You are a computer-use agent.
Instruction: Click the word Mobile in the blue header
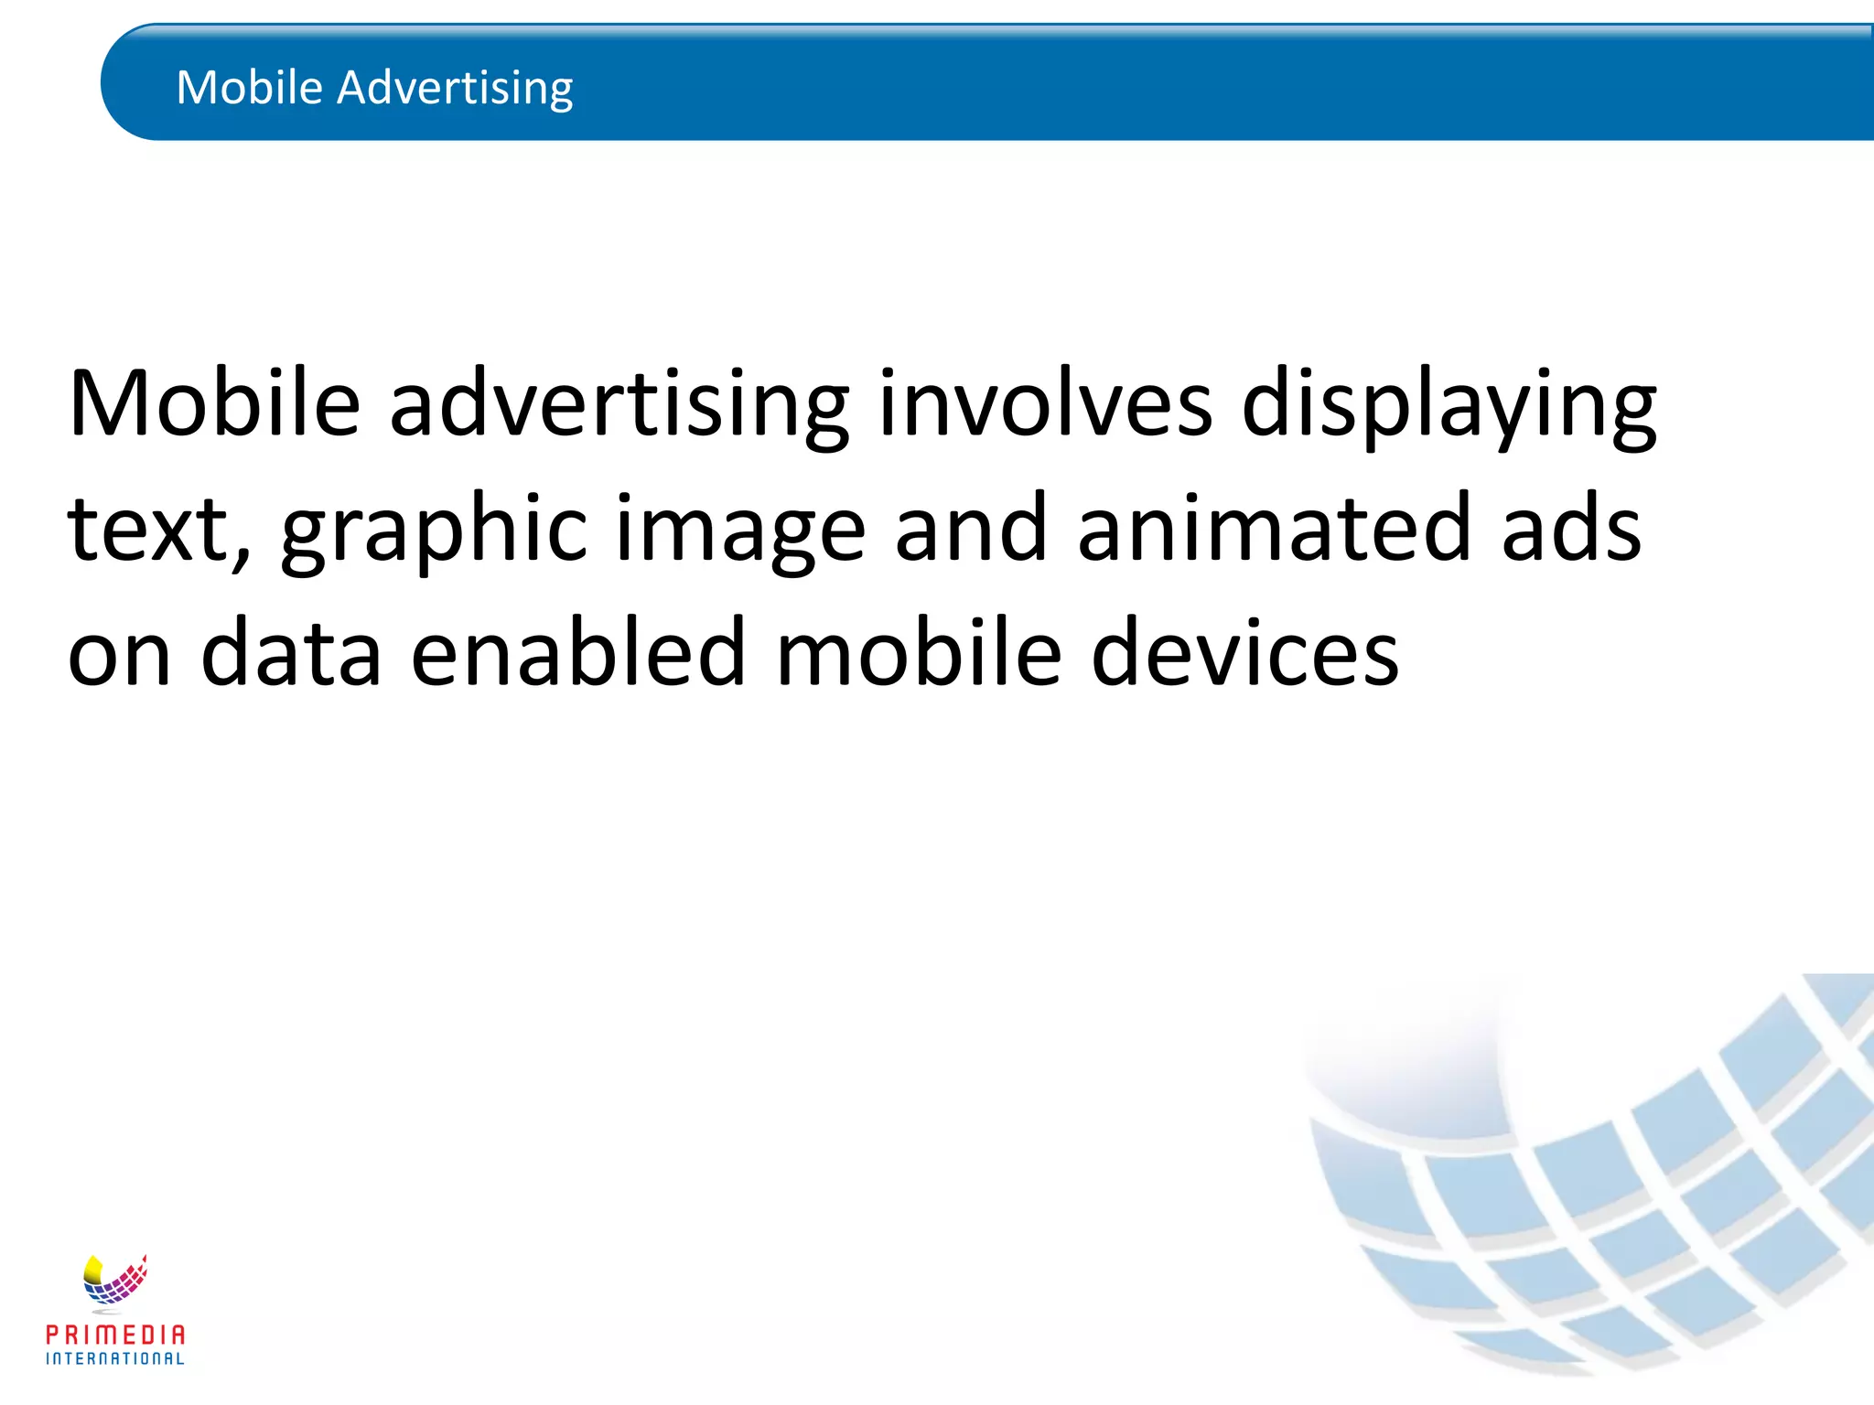249,88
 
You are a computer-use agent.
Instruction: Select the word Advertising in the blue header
455,90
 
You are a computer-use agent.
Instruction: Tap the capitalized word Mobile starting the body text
214,403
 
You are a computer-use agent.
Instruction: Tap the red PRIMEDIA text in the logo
115,1335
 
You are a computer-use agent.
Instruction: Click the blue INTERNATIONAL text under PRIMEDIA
115,1359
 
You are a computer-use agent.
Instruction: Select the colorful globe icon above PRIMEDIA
114,1281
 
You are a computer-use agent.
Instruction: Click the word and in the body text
970,528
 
